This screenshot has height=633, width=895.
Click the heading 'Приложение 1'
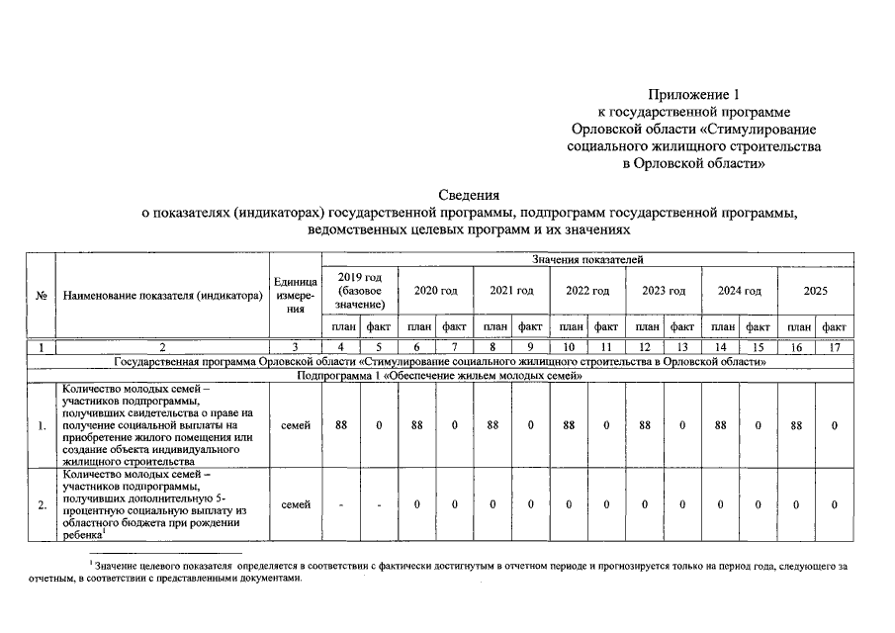click(x=693, y=95)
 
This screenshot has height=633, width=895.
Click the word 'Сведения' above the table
click(x=469, y=195)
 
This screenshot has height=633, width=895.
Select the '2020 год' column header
click(x=435, y=292)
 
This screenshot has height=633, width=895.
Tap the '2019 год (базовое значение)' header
click(x=360, y=292)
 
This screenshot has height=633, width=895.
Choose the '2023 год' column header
click(x=664, y=292)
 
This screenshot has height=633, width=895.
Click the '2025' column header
click(x=815, y=292)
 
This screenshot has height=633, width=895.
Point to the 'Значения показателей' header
click(x=587, y=260)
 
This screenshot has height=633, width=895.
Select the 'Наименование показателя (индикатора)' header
click(x=162, y=296)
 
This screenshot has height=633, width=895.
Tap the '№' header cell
click(x=42, y=296)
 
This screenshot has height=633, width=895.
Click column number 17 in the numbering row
click(x=835, y=347)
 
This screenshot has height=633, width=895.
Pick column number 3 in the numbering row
click(x=295, y=347)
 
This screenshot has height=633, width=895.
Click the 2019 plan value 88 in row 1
click(x=340, y=425)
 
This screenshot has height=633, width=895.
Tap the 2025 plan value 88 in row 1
click(x=797, y=425)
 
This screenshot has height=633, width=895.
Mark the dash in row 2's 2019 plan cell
click(x=340, y=505)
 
